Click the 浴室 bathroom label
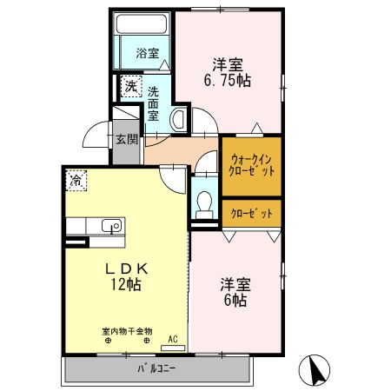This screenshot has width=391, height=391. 148,53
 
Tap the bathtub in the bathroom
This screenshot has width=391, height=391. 142,23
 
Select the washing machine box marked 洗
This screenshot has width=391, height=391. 131,86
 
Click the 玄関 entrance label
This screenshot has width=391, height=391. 127,140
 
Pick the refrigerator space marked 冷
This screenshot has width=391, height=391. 76,181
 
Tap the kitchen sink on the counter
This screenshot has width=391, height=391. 111,226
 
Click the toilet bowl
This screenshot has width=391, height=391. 204,204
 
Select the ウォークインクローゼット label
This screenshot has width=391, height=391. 251,166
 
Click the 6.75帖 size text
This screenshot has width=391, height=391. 228,81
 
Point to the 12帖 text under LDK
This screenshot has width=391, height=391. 126,284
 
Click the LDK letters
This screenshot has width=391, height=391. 127,269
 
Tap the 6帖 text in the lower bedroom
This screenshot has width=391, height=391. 235,300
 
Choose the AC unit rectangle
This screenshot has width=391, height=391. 173,348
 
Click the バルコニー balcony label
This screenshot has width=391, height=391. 156,368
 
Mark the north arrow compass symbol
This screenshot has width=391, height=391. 315,370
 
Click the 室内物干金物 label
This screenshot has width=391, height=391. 127,331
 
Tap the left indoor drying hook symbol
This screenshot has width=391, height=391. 108,341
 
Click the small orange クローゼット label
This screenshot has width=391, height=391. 251,214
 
